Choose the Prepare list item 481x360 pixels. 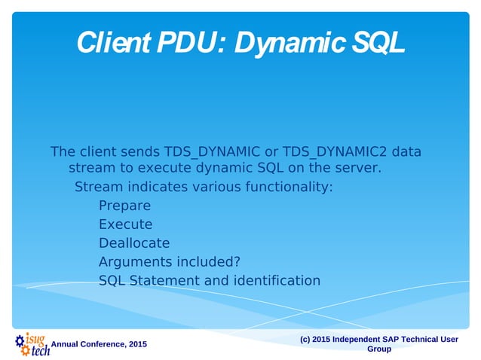point(124,206)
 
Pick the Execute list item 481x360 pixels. point(125,224)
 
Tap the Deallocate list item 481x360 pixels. point(134,243)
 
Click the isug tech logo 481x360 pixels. point(32,343)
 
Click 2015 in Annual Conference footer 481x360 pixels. point(137,344)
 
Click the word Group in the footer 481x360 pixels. point(378,349)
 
